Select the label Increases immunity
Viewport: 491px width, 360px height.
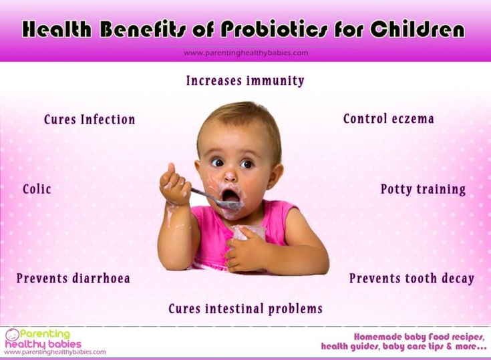245,80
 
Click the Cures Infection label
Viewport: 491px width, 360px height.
90,120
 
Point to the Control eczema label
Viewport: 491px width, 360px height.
389,119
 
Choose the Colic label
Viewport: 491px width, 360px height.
37,189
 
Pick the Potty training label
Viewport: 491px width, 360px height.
423,190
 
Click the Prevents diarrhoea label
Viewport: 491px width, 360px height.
73,279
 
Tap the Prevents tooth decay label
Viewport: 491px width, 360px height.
412,279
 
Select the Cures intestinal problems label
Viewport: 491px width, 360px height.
246,309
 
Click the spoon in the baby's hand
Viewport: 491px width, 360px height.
216,200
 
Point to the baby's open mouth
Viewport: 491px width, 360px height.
230,196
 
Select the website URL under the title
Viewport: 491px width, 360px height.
246,53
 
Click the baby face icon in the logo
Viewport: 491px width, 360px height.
12,335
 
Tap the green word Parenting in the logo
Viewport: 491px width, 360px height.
45,335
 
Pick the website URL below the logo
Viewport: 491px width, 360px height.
55,352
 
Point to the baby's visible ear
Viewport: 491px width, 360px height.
275,176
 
